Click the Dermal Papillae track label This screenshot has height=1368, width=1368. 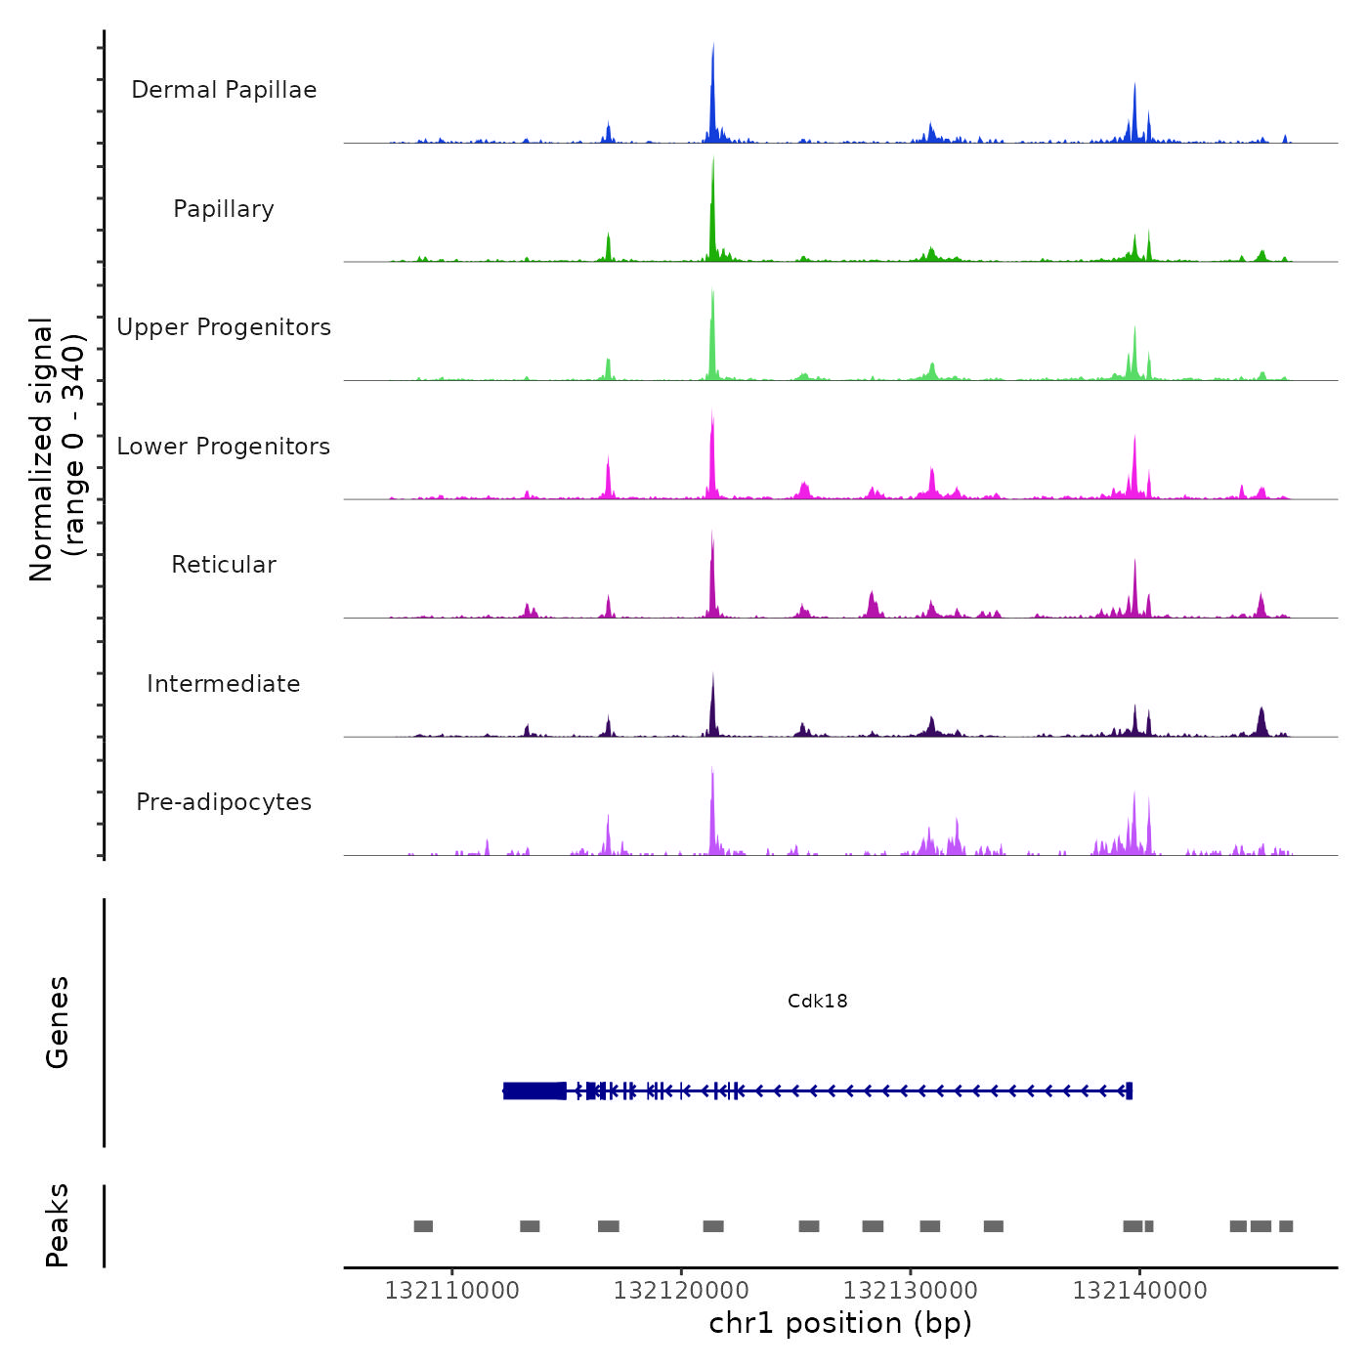click(x=224, y=90)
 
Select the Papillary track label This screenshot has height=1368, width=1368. click(x=224, y=209)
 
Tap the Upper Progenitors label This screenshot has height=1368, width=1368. click(x=224, y=327)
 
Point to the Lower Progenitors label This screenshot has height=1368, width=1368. click(x=224, y=447)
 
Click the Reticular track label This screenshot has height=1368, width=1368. click(x=224, y=565)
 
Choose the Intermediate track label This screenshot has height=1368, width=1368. click(x=224, y=684)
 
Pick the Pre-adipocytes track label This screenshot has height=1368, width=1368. click(x=224, y=802)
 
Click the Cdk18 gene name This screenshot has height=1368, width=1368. click(x=818, y=1001)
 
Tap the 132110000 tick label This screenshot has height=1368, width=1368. click(x=451, y=1291)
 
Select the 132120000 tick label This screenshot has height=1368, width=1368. click(x=681, y=1291)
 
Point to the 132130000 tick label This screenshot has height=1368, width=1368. click(x=911, y=1291)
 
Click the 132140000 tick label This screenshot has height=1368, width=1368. click(x=1139, y=1291)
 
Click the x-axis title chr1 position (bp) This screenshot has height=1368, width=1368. click(x=840, y=1323)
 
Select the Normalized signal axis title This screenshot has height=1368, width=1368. click(x=57, y=449)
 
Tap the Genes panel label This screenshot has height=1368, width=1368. click(x=58, y=1022)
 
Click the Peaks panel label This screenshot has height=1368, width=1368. click(x=58, y=1225)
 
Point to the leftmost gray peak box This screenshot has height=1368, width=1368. click(x=423, y=1226)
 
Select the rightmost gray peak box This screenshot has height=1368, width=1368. click(x=1286, y=1226)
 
